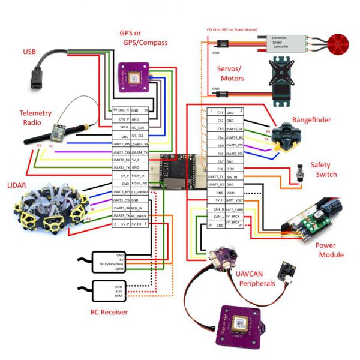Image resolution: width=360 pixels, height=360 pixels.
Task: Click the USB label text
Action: (29, 52)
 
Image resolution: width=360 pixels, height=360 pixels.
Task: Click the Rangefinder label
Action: (311, 120)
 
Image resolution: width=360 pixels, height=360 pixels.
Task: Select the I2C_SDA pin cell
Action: (139, 127)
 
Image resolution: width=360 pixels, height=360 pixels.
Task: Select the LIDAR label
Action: (17, 181)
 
